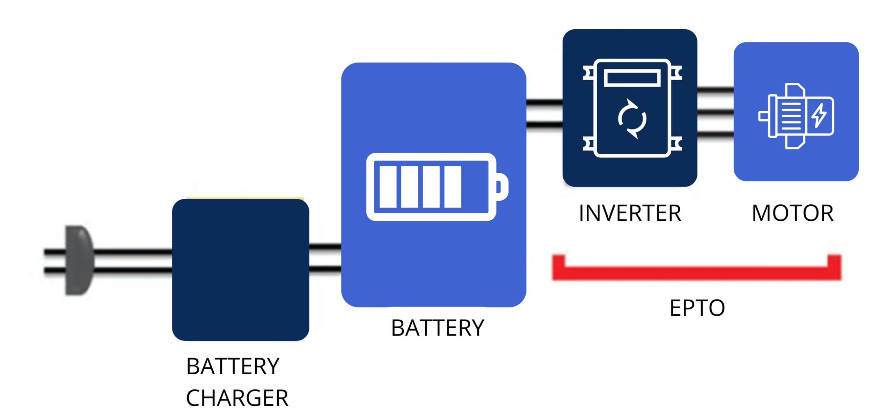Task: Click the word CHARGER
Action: (x=237, y=398)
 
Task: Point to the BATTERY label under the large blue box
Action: (x=438, y=328)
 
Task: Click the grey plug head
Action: (x=80, y=260)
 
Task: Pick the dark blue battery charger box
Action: (x=240, y=270)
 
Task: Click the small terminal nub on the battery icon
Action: (x=502, y=187)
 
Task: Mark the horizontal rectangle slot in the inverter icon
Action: (x=632, y=78)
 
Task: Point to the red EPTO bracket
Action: (x=696, y=273)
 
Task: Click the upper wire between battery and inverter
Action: (x=544, y=103)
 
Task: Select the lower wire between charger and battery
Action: (x=325, y=269)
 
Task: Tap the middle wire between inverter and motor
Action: (x=715, y=112)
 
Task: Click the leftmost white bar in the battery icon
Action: (x=388, y=187)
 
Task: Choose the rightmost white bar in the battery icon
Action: (x=453, y=187)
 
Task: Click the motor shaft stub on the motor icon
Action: (x=763, y=116)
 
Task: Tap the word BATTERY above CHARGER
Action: (x=233, y=366)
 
